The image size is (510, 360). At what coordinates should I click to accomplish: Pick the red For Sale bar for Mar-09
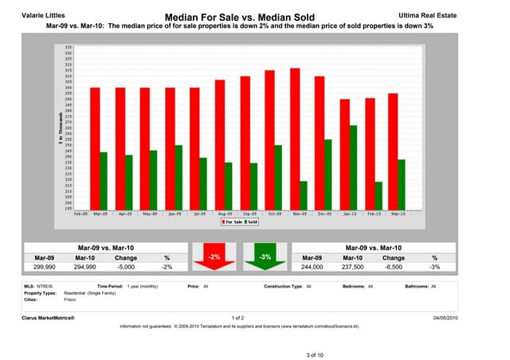[95, 147]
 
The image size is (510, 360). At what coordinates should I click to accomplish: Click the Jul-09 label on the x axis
[199, 213]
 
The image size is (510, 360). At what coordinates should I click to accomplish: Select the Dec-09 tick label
[324, 213]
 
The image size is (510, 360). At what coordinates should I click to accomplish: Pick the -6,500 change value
[393, 268]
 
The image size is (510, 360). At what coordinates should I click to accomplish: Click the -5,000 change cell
[126, 268]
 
